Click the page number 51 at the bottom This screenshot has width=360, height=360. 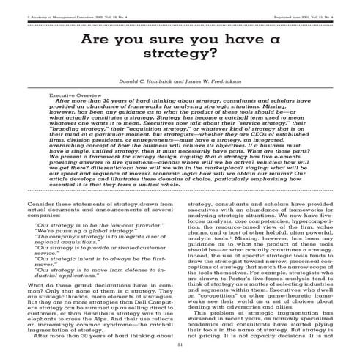tap(180, 344)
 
